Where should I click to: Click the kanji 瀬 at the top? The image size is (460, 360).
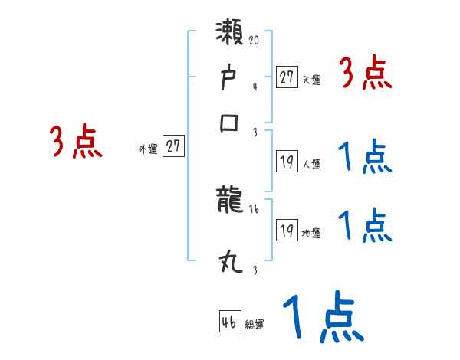click(x=231, y=35)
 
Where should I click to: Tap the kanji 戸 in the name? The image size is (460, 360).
click(x=231, y=78)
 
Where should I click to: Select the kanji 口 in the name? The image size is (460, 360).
click(x=231, y=123)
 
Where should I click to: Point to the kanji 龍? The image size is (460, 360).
click(x=231, y=201)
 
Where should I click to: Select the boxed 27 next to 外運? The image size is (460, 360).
click(x=174, y=146)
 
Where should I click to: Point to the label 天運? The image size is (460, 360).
click(x=312, y=80)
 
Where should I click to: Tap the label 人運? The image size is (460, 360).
click(x=312, y=164)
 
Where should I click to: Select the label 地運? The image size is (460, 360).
click(x=312, y=234)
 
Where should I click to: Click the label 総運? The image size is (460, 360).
click(x=255, y=324)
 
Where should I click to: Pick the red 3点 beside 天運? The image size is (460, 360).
click(x=366, y=74)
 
